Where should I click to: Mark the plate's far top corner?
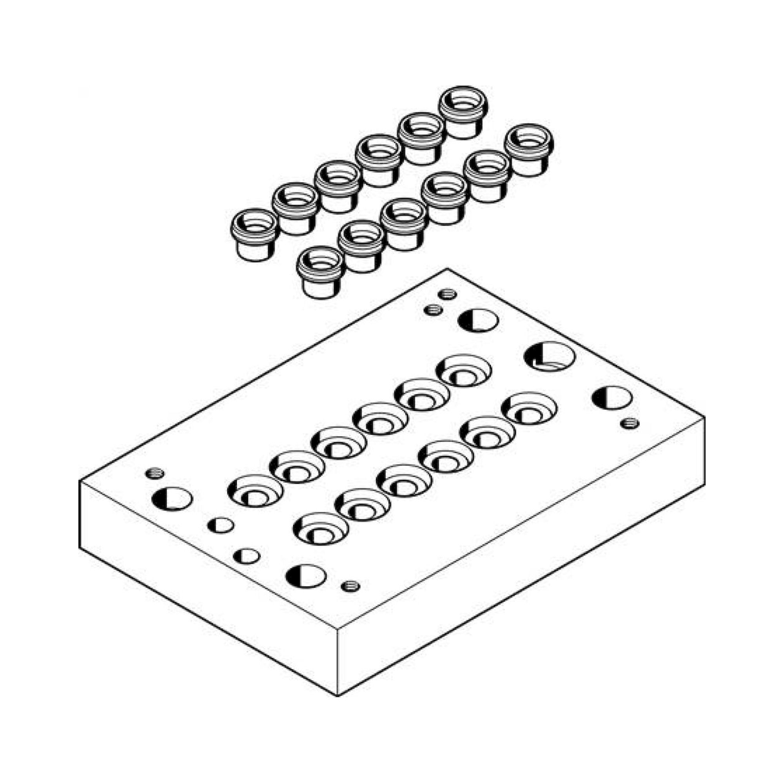(447, 269)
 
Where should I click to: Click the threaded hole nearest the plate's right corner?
(630, 424)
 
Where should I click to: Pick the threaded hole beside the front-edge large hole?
(350, 586)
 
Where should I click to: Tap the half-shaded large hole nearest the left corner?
(172, 499)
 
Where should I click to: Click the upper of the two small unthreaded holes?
(220, 526)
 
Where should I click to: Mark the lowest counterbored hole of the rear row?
(255, 492)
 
